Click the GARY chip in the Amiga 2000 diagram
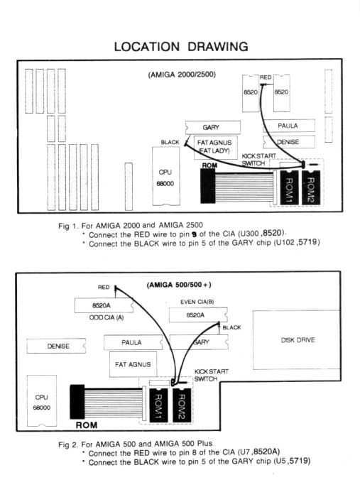point(212,128)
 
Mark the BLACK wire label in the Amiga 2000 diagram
point(170,142)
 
